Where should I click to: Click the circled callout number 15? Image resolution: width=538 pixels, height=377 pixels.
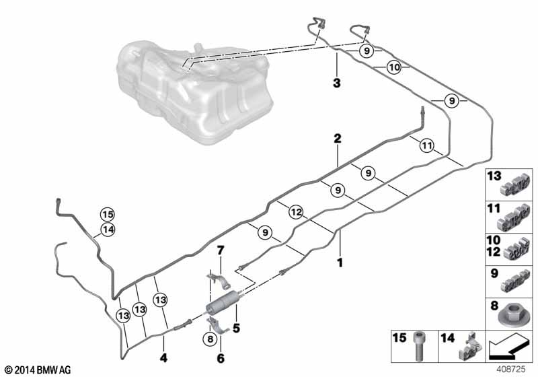(108, 215)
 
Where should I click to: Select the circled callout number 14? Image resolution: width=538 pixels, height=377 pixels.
(108, 230)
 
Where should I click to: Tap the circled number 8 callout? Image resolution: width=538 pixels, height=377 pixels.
(210, 339)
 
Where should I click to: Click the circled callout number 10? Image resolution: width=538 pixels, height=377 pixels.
(394, 67)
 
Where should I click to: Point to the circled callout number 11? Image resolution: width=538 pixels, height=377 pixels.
(426, 146)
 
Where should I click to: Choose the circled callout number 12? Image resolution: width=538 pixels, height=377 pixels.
(296, 212)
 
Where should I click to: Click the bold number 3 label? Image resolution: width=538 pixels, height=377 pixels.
(337, 83)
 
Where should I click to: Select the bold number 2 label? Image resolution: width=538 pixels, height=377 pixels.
(338, 139)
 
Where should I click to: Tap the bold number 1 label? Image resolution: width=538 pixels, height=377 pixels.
(340, 263)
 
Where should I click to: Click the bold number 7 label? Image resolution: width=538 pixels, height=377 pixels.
(220, 250)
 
